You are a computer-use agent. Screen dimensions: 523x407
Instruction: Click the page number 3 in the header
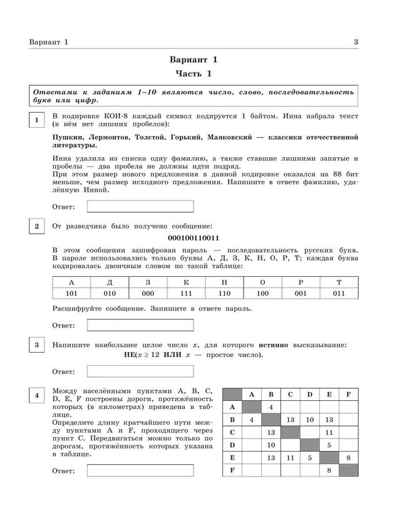(x=356, y=42)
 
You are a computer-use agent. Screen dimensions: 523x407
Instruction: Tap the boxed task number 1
(x=38, y=120)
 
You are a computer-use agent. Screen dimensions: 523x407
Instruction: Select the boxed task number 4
(x=38, y=395)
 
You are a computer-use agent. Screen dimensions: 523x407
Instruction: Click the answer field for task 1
(x=140, y=206)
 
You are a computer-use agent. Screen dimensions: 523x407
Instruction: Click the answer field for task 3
(x=140, y=371)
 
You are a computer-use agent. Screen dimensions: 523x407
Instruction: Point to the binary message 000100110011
(x=194, y=238)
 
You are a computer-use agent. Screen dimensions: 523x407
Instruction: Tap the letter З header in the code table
(x=148, y=282)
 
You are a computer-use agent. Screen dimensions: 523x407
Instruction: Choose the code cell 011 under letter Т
(x=339, y=293)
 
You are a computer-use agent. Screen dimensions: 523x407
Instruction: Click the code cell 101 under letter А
(x=71, y=293)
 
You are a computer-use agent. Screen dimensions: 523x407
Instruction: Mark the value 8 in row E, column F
(x=349, y=458)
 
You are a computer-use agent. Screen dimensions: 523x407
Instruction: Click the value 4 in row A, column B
(x=271, y=407)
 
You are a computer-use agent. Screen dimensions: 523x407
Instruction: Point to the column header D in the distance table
(x=309, y=395)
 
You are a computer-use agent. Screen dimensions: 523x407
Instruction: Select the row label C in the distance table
(x=232, y=432)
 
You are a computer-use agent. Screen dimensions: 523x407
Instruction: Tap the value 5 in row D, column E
(x=329, y=445)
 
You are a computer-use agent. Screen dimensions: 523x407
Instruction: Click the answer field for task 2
(x=140, y=325)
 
